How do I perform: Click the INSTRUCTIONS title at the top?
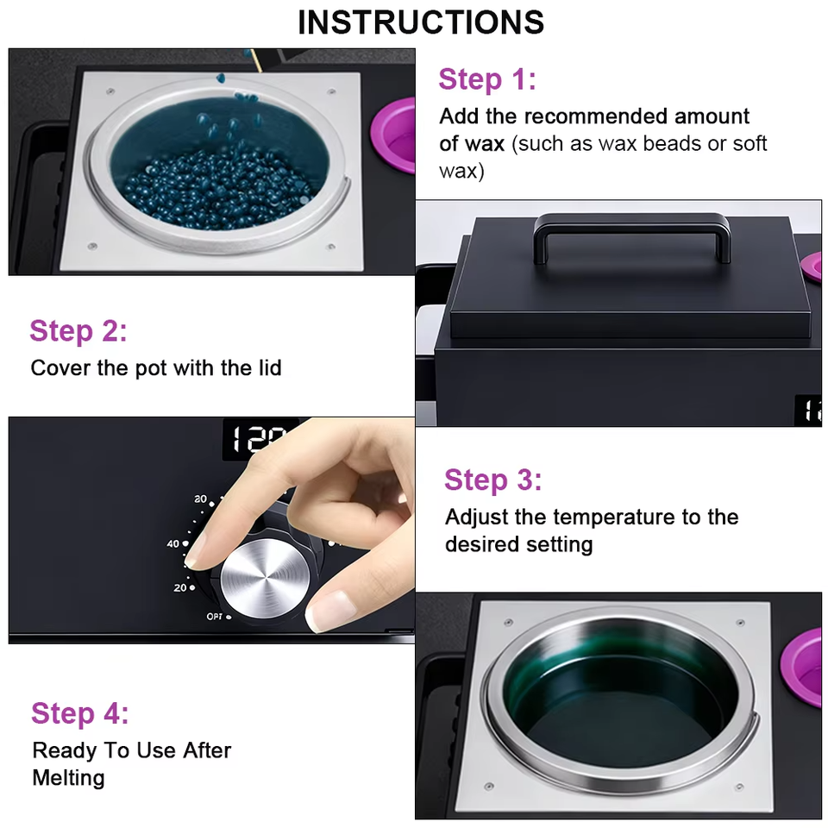[x=421, y=22]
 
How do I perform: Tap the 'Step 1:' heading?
[x=486, y=80]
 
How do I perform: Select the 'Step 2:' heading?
[x=78, y=331]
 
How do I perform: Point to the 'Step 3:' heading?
[x=492, y=480]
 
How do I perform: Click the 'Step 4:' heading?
[x=79, y=713]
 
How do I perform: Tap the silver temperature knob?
[x=265, y=579]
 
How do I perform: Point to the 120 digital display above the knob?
[x=259, y=438]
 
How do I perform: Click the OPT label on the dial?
[x=215, y=616]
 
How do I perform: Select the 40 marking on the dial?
[x=172, y=543]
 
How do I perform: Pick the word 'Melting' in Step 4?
[x=69, y=778]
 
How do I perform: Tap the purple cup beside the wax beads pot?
[x=393, y=135]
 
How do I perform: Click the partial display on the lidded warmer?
[x=809, y=411]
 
